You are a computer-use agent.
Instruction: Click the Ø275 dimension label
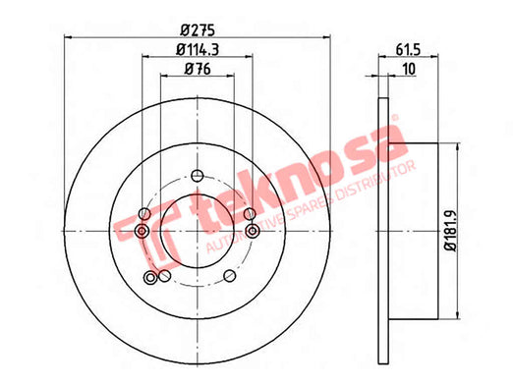point(198,30)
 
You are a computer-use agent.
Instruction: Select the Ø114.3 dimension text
point(198,50)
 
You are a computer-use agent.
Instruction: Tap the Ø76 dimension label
point(198,69)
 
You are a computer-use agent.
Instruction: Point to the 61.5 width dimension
point(408,50)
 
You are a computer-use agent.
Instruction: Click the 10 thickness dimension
point(409,69)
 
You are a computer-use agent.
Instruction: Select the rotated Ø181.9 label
point(451,231)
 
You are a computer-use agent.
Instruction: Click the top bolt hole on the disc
point(198,176)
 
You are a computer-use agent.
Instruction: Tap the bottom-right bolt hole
point(230,276)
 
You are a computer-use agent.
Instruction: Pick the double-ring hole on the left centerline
point(142,231)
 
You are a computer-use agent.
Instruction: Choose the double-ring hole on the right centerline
point(253,231)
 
